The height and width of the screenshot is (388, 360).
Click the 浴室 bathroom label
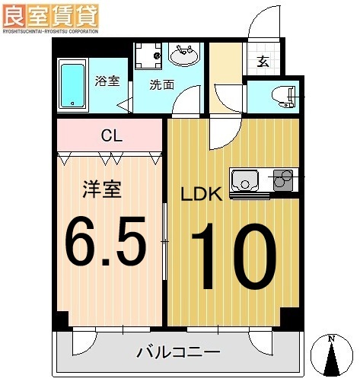107,81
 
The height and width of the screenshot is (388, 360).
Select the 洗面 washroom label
161,84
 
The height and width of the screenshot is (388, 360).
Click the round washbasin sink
183,55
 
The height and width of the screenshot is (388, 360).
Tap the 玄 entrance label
263,62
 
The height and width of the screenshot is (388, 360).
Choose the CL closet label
112,137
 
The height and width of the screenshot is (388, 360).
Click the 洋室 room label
102,189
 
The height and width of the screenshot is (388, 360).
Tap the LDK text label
201,194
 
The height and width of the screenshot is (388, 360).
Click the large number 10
231,256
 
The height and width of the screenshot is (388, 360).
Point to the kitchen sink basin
245,181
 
